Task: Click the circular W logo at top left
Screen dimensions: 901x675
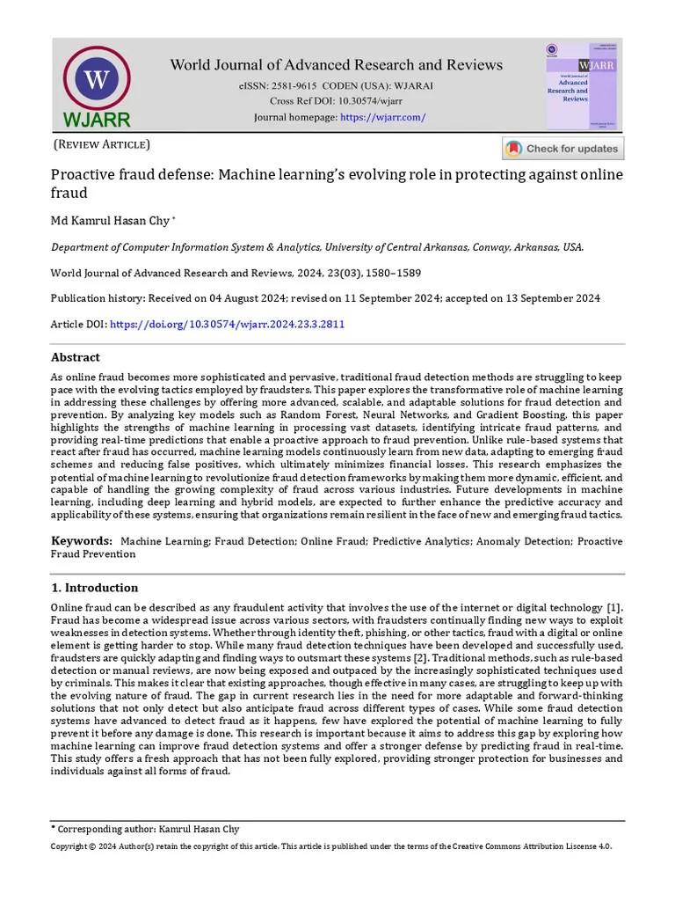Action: [97, 79]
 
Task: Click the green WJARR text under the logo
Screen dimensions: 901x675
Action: [97, 120]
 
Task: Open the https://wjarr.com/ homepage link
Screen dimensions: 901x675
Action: [382, 118]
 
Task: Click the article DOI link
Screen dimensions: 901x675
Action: [227, 325]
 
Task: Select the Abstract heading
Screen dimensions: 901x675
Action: [76, 358]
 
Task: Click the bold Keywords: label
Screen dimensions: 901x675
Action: [82, 541]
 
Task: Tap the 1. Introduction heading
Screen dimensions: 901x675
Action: [95, 588]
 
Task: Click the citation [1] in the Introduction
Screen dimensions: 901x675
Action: [615, 609]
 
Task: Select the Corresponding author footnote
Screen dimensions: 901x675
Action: [145, 829]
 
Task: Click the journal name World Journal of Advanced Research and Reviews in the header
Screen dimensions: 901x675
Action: [337, 65]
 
